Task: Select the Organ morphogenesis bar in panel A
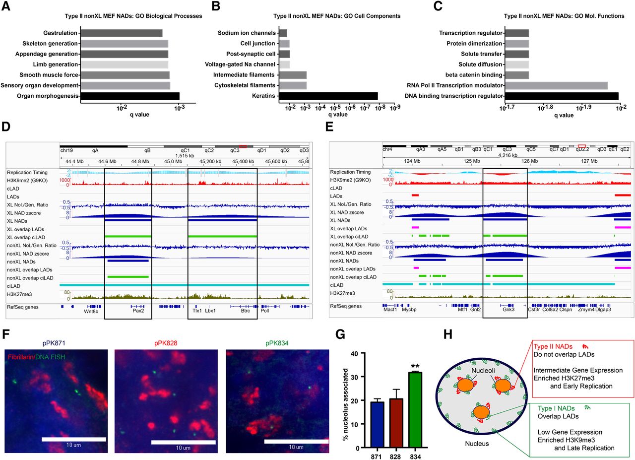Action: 129,96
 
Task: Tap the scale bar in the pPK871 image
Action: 74,439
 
